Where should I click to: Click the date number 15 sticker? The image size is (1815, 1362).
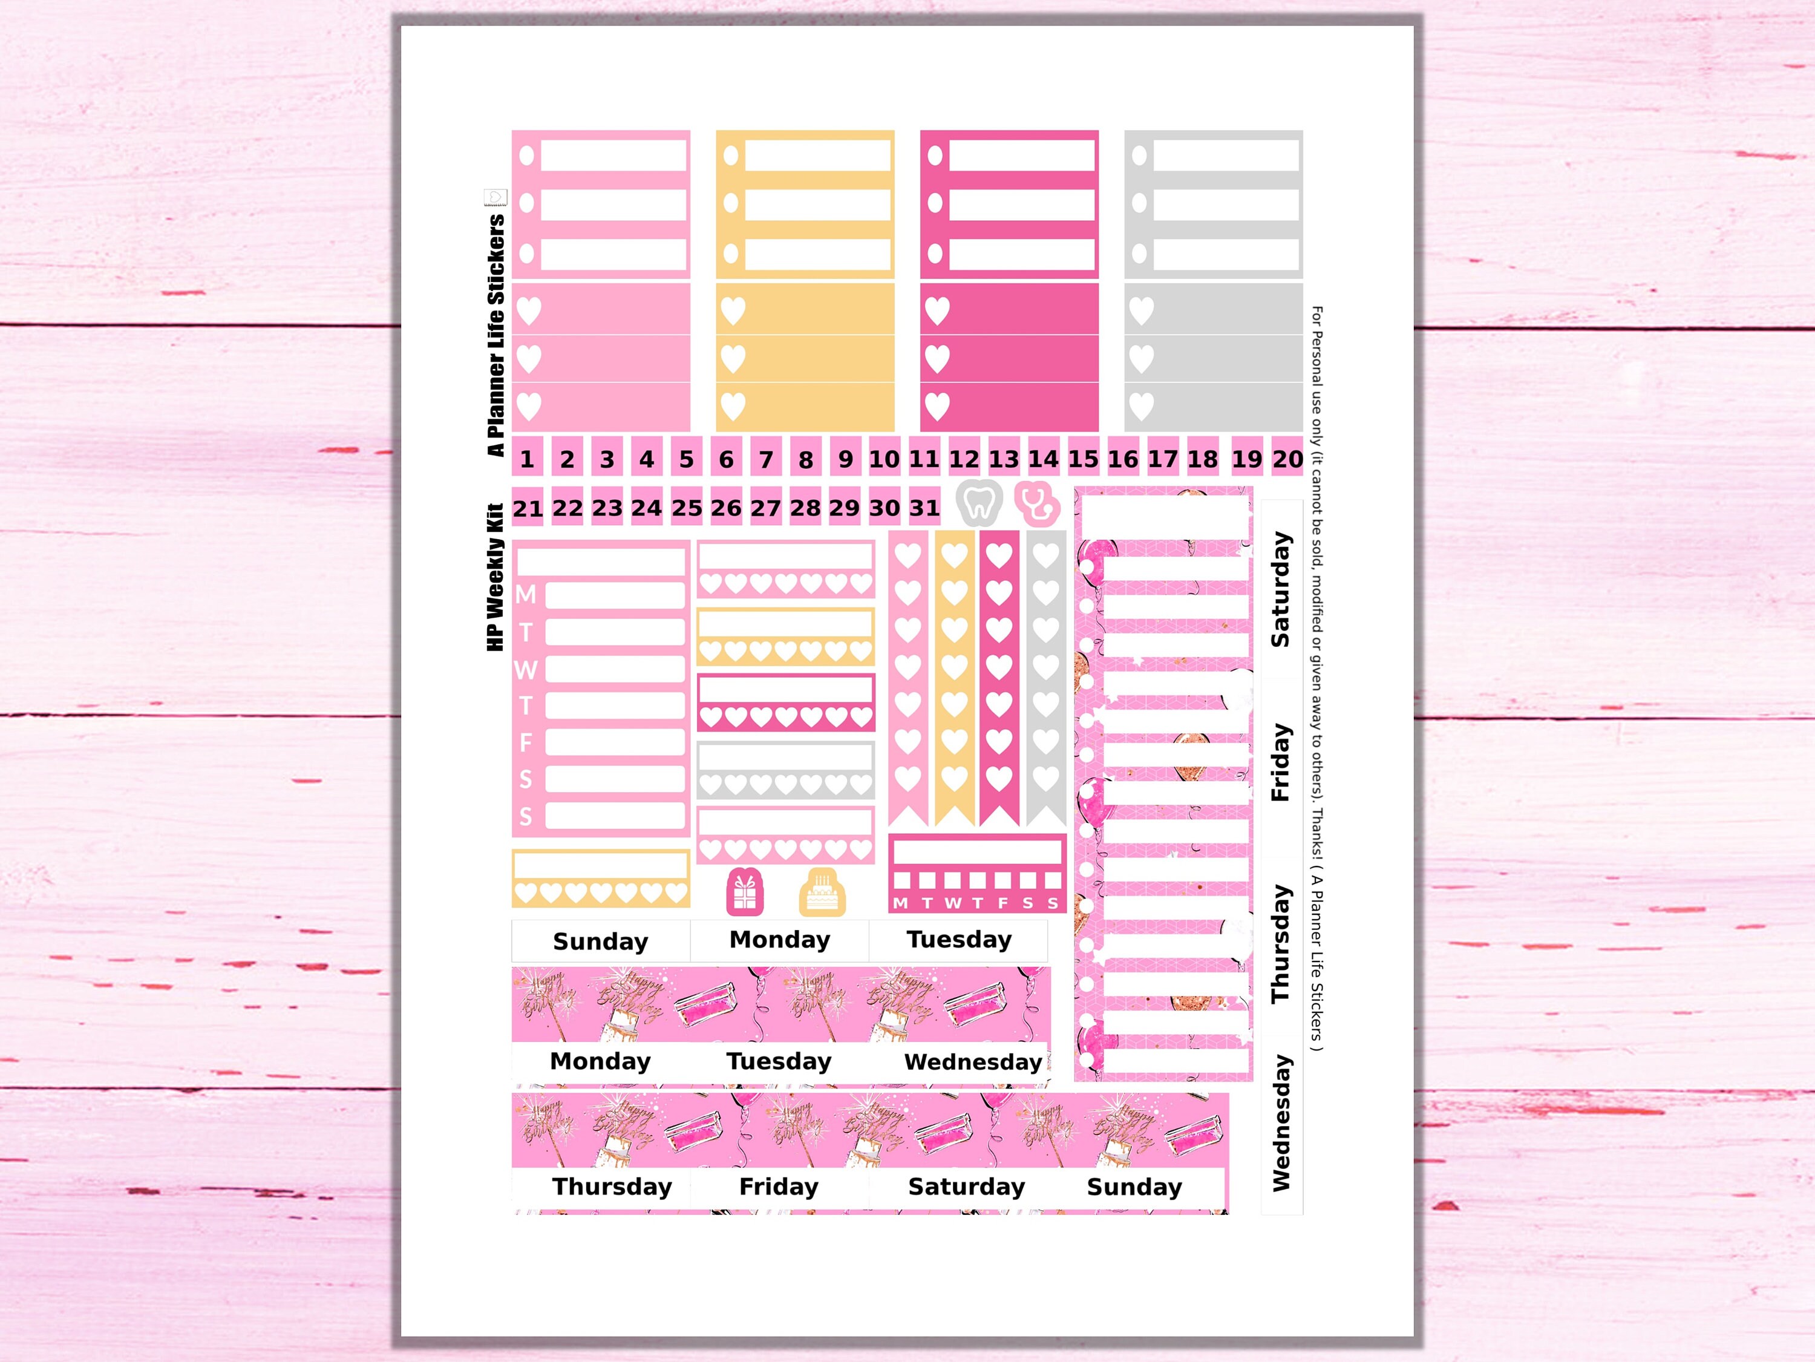[x=1083, y=459]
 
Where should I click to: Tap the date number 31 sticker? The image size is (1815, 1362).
[x=924, y=508]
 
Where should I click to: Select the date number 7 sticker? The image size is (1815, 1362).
[x=765, y=459]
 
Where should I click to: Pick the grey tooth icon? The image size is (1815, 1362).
[x=978, y=502]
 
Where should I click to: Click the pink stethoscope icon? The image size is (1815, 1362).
[x=1036, y=502]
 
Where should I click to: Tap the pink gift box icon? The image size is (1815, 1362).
[x=744, y=892]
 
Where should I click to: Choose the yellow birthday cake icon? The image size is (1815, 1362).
[x=822, y=892]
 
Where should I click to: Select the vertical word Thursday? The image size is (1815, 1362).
[x=1281, y=943]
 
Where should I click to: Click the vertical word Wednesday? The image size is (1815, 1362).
[x=1281, y=1122]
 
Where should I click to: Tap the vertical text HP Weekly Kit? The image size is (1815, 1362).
[x=495, y=578]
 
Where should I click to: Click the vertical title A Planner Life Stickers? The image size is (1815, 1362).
[x=495, y=335]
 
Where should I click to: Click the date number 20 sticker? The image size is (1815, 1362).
[x=1287, y=459]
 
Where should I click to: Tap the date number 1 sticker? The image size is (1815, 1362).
[x=527, y=459]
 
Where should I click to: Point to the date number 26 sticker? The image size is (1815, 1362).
[x=726, y=508]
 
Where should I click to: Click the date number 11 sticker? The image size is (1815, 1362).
[x=924, y=459]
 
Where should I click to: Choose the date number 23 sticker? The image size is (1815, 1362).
[x=607, y=508]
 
